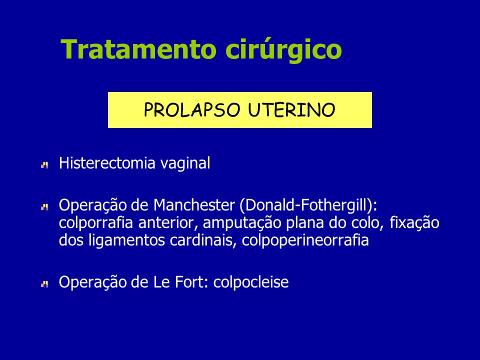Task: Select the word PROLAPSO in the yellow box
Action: [x=192, y=110]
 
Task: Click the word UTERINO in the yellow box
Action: [x=291, y=110]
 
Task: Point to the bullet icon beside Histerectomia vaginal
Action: [x=44, y=165]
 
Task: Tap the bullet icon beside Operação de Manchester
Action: [x=44, y=207]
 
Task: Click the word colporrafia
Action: [x=96, y=223]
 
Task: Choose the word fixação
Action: [x=414, y=223]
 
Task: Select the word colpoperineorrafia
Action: [x=305, y=241]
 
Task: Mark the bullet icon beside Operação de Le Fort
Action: [x=44, y=284]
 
